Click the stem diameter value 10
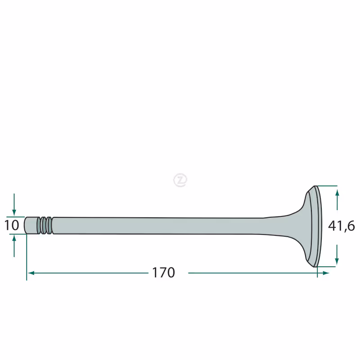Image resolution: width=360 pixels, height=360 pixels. (x=12, y=225)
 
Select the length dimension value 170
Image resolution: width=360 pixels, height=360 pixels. (x=163, y=273)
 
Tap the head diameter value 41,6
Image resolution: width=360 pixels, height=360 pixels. (x=342, y=226)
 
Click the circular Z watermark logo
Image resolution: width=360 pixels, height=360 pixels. (x=180, y=180)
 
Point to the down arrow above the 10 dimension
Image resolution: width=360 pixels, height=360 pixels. (x=14, y=204)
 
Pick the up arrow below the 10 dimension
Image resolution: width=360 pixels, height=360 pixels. (x=14, y=246)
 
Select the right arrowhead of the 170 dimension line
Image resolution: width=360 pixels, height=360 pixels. (x=326, y=273)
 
